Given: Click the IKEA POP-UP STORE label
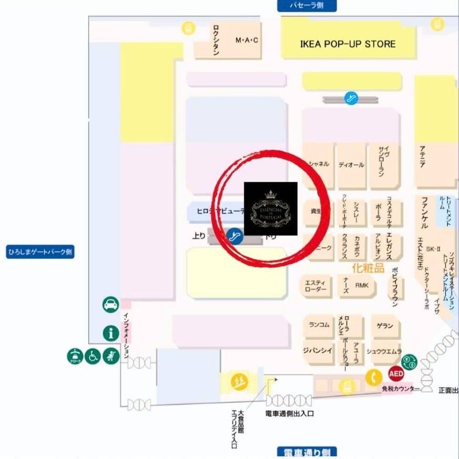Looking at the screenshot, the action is [348, 44].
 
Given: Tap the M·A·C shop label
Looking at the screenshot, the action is [247, 40].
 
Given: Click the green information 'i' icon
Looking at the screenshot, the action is [111, 332].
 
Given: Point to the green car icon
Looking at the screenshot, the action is [111, 305].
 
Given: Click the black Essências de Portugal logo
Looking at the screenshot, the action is [271, 209].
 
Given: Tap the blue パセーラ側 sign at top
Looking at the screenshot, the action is [307, 6].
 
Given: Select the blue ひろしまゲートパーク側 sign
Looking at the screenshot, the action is [40, 252].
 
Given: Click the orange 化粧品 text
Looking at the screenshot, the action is [368, 268].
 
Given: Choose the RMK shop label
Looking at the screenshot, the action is [362, 286].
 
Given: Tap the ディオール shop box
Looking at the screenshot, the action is [351, 165].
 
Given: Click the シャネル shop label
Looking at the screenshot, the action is [319, 164].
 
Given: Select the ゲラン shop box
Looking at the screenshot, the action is [385, 326].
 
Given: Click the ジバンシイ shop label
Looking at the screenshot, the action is [318, 350].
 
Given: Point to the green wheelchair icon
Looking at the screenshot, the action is [93, 357].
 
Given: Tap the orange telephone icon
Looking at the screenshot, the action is [373, 378].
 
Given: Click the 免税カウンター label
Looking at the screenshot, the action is [401, 389].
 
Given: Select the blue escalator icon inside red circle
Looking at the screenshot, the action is [235, 237].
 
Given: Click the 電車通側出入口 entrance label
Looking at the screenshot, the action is [289, 414].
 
